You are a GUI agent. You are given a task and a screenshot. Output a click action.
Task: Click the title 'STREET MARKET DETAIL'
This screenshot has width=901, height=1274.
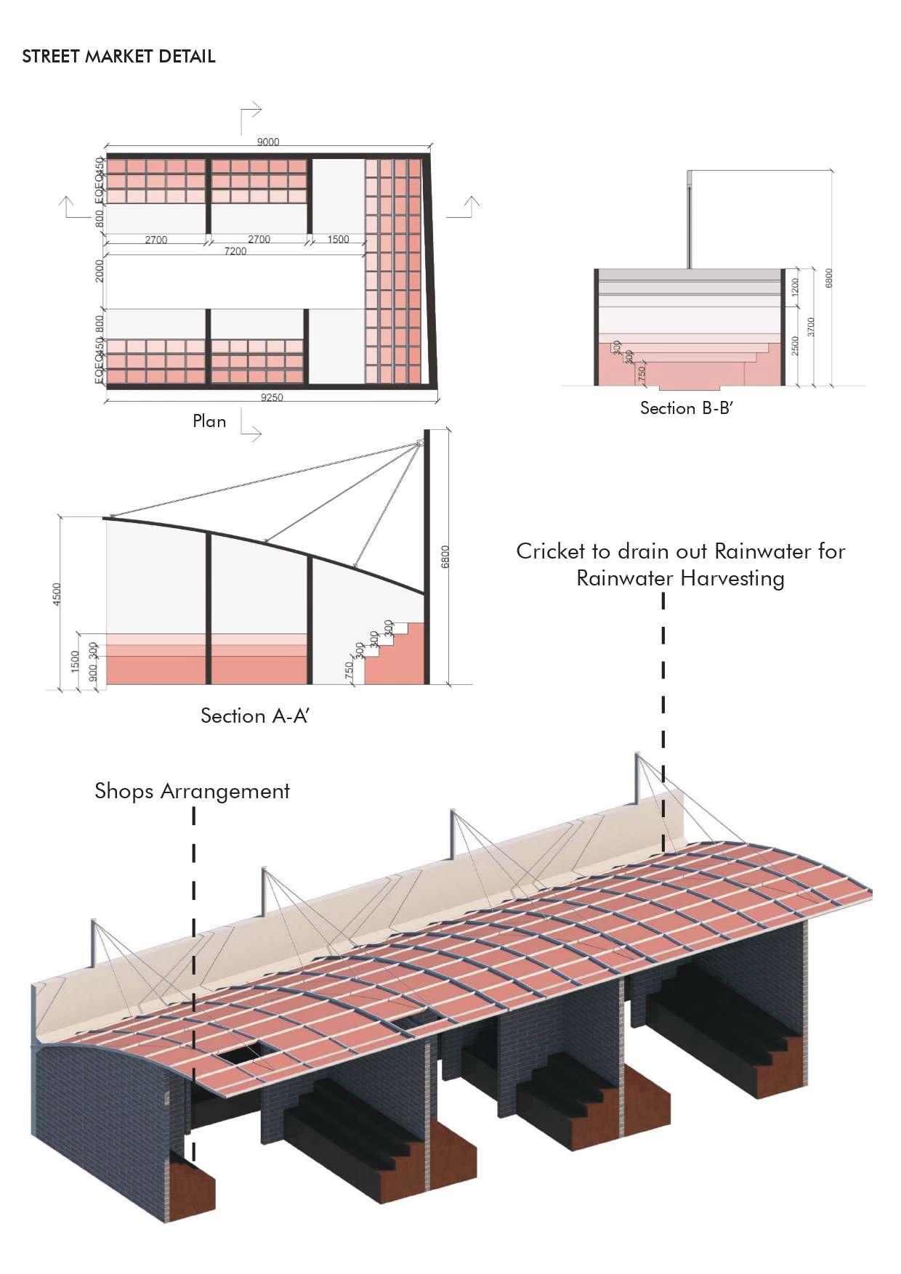(x=118, y=57)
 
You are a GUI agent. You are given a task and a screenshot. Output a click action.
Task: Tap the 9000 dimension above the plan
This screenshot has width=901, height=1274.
(x=268, y=142)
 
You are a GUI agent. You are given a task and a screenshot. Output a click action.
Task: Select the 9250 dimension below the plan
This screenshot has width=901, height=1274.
(x=272, y=397)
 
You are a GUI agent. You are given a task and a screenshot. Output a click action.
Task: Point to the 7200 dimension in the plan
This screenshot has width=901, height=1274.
(x=235, y=251)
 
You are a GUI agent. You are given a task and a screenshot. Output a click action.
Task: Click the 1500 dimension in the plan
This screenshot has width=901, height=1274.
(x=338, y=239)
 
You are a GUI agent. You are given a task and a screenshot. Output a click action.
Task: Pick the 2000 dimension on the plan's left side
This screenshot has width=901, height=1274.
(x=100, y=271)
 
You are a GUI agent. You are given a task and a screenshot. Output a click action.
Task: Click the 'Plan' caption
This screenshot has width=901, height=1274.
(x=209, y=421)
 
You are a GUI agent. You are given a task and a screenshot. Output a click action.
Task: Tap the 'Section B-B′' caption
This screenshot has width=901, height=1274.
(x=687, y=408)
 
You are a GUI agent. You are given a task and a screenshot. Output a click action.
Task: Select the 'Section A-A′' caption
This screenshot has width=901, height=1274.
(x=255, y=716)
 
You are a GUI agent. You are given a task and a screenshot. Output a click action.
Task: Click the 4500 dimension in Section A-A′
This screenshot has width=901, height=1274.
(x=57, y=593)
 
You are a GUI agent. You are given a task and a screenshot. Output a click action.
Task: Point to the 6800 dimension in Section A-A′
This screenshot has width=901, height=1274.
(x=446, y=557)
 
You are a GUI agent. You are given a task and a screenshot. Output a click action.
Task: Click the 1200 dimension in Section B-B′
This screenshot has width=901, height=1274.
(x=794, y=287)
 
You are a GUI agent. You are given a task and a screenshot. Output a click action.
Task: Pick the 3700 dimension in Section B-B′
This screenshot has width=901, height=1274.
(x=811, y=327)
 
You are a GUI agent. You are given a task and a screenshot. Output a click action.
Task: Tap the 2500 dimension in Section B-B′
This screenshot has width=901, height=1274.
(x=795, y=346)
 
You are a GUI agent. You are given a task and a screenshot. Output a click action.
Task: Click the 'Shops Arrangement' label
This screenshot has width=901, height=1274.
(x=193, y=791)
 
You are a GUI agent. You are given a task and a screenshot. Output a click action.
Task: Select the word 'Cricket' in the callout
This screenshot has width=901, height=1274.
(x=550, y=551)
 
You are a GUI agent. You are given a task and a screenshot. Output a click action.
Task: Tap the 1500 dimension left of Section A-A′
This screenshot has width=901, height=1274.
(x=75, y=661)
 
